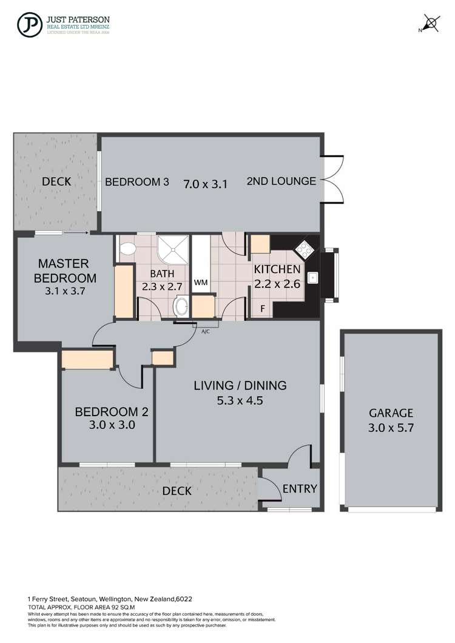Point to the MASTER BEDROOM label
(x=64, y=271)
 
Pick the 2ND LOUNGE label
(x=281, y=181)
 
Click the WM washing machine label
(x=200, y=282)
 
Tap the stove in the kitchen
(x=303, y=249)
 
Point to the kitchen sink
(x=313, y=278)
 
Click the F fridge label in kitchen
(x=262, y=309)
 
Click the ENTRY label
(x=300, y=489)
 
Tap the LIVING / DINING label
(x=240, y=385)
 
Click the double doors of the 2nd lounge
(x=331, y=181)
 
